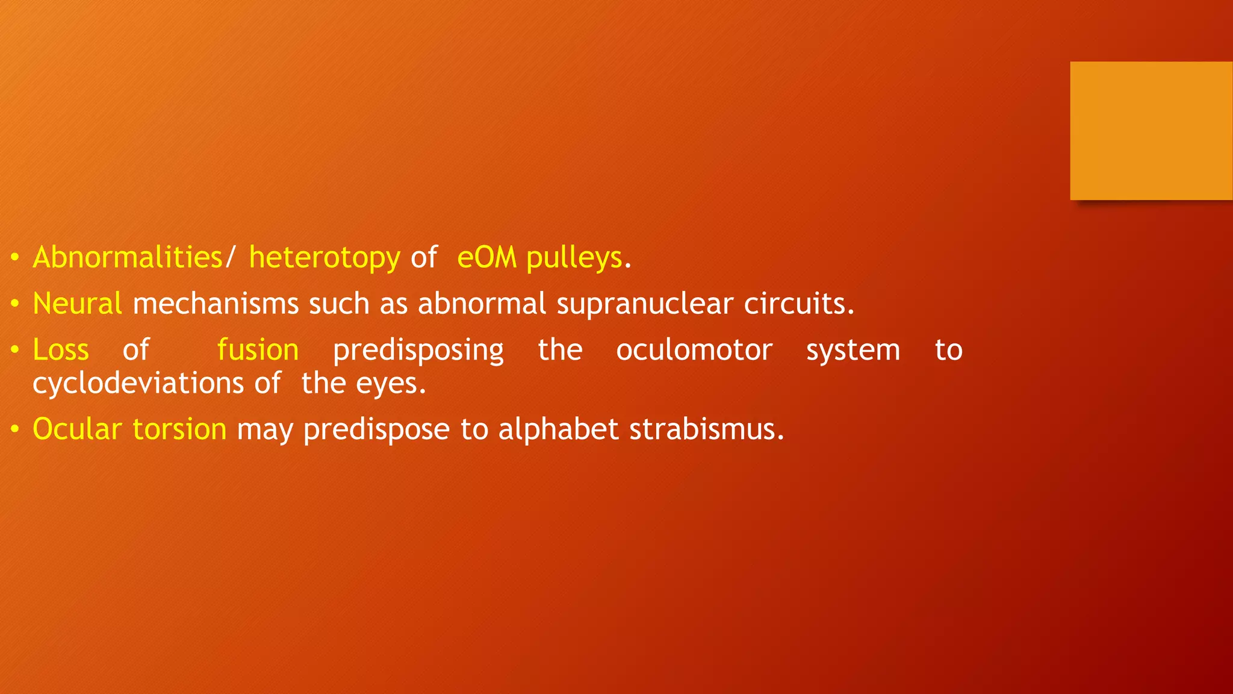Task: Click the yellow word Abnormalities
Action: coord(128,258)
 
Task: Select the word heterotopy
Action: coord(325,258)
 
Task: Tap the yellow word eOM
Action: coord(486,258)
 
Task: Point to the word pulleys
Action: coord(574,258)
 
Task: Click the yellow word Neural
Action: coord(77,303)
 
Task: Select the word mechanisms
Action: coord(216,303)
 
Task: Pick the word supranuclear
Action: coord(645,303)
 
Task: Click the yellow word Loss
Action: coord(61,350)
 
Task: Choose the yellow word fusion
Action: coord(258,350)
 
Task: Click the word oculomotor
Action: coord(694,350)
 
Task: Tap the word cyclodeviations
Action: coord(138,383)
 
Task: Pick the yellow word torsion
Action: coord(179,430)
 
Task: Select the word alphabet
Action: coord(558,430)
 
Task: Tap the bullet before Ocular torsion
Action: coord(15,430)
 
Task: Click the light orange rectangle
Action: coord(1151,131)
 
